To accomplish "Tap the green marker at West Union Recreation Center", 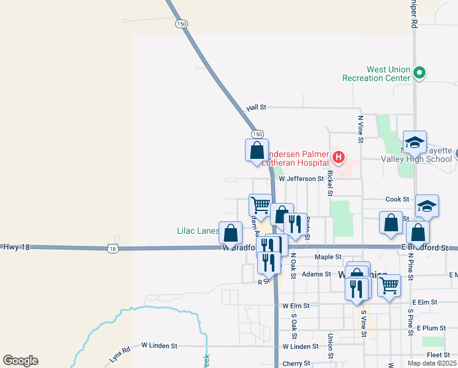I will click(x=419, y=74).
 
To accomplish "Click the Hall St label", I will click(x=257, y=107).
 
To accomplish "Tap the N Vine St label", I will click(x=361, y=129).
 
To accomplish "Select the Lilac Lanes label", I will click(x=198, y=231).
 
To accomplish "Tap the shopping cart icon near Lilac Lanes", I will click(x=261, y=205).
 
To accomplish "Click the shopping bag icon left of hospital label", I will click(x=257, y=151).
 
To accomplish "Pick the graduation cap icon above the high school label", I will click(x=415, y=142).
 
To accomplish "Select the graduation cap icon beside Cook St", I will click(x=427, y=206).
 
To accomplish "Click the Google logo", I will click(x=20, y=361).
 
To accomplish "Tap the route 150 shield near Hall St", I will click(x=257, y=134).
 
